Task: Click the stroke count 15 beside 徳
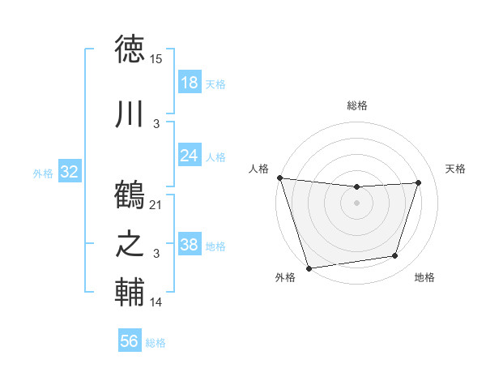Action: click(156, 59)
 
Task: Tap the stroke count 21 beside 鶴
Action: click(156, 205)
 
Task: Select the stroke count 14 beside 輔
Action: click(156, 302)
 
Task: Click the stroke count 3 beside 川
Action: click(156, 123)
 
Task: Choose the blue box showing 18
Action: click(190, 82)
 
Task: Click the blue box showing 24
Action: click(190, 156)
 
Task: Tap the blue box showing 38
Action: click(190, 245)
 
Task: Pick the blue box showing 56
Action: click(130, 341)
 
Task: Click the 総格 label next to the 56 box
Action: click(156, 343)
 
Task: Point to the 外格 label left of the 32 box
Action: click(43, 173)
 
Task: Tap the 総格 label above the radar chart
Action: click(356, 105)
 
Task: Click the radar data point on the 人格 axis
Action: click(279, 178)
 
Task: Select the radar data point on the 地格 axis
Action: click(395, 256)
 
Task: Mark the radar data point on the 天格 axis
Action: click(419, 182)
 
